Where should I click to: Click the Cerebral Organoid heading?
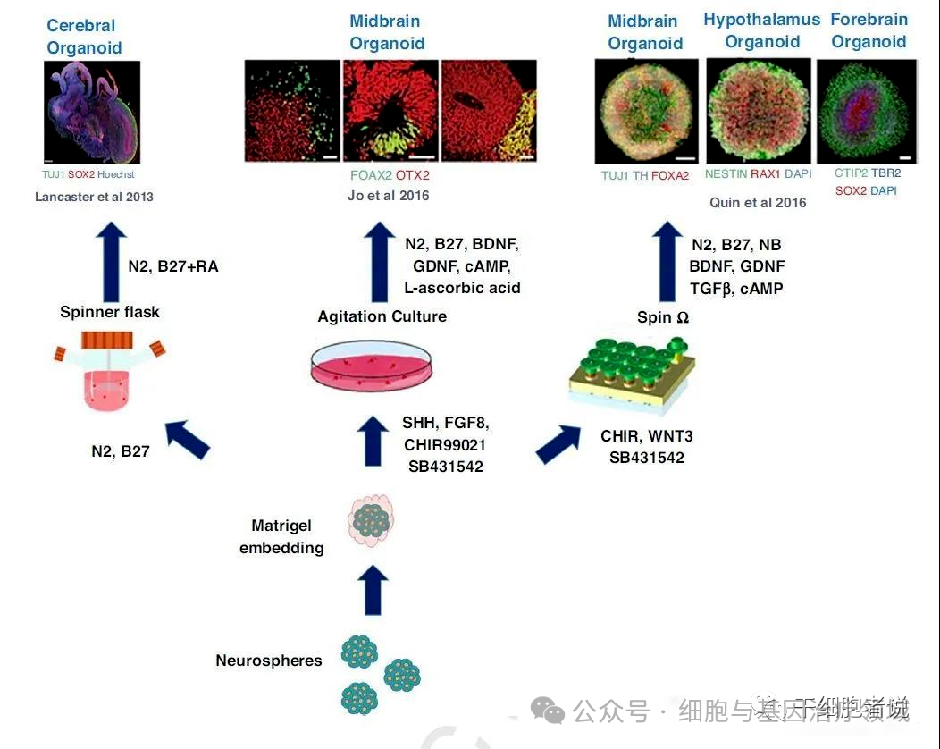(x=84, y=37)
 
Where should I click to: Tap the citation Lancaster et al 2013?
(x=94, y=197)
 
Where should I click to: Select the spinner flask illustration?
(x=109, y=371)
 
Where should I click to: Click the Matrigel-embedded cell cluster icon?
(x=370, y=521)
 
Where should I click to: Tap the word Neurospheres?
(x=268, y=661)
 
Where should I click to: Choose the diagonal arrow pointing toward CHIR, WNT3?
(x=558, y=442)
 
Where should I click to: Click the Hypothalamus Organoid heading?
(x=761, y=30)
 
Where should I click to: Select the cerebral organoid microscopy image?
(x=92, y=112)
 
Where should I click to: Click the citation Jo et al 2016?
(x=389, y=195)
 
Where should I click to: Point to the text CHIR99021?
(x=444, y=444)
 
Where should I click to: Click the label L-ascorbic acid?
(x=462, y=288)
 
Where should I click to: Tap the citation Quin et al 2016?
(x=758, y=202)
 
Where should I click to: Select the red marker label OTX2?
(x=412, y=175)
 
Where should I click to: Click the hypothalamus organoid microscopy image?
(x=759, y=110)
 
